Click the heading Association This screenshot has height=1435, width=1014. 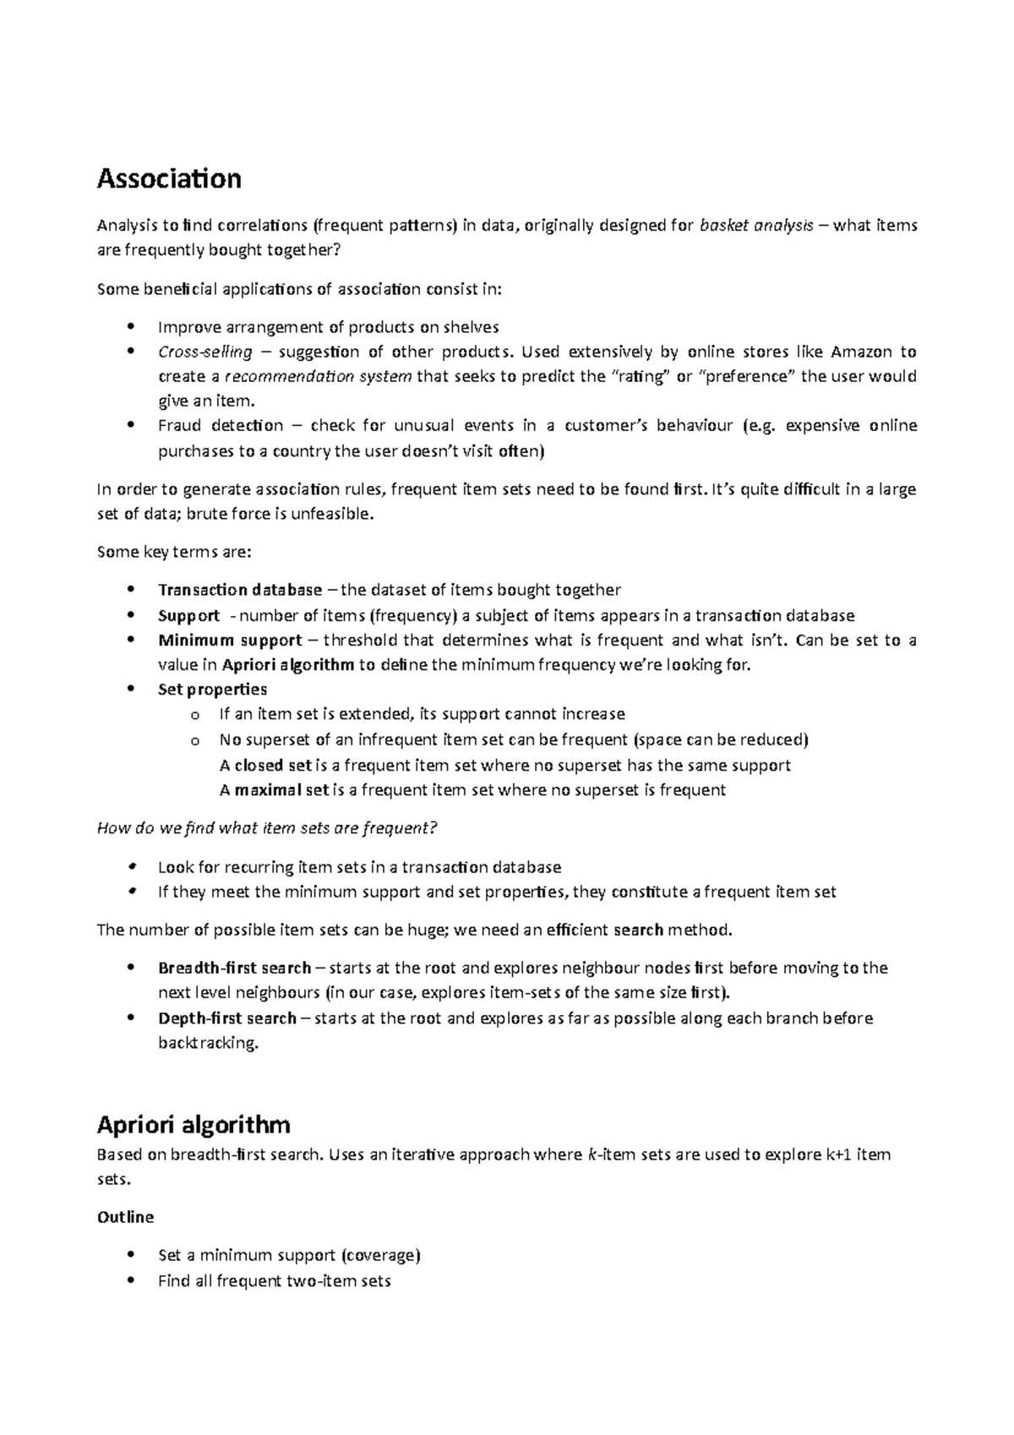point(169,178)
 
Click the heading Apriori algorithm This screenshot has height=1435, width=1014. point(194,1124)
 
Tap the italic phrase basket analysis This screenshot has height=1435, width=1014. point(757,226)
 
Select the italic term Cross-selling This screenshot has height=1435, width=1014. point(204,352)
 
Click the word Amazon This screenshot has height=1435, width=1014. point(861,352)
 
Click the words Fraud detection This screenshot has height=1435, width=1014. point(221,426)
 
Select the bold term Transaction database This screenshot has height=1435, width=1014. point(240,590)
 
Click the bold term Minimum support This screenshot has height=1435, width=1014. point(230,640)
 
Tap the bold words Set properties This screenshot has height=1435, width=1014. point(212,690)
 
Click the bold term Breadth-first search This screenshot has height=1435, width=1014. point(235,968)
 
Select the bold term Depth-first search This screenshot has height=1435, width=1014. point(226,1018)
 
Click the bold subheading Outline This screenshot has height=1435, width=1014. point(125,1217)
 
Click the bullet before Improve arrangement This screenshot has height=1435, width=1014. point(129,326)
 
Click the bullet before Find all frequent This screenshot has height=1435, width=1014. point(129,1280)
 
